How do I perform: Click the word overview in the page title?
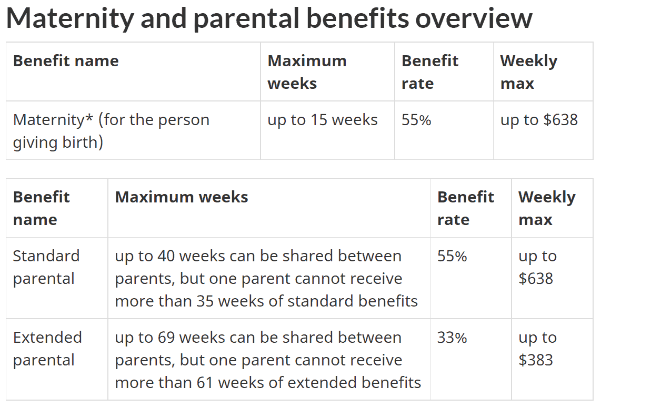pos(474,18)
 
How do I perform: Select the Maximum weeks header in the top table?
pos(307,72)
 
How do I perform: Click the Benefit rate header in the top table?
pos(429,72)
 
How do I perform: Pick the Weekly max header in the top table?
pos(528,72)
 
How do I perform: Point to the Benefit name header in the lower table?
pos(41,208)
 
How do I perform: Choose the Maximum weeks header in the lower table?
pos(182,197)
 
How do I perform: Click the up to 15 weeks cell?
pos(322,120)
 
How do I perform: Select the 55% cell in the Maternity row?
pos(416,120)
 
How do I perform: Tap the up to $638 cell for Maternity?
pos(539,120)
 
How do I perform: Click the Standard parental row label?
pos(46,267)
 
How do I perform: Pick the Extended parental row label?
pos(47,349)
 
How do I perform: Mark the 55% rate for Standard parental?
pos(452,256)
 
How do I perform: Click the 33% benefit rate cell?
pos(452,338)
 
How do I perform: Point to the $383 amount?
pos(536,360)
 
